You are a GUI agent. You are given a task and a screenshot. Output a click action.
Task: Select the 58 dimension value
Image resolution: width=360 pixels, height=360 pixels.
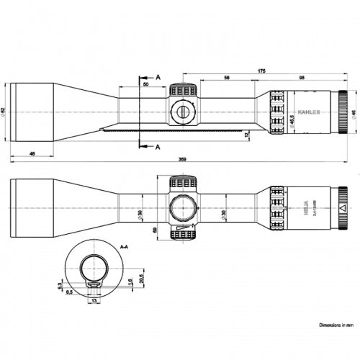227,76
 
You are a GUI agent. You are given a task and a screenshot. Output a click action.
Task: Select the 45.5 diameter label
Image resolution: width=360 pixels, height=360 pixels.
291,120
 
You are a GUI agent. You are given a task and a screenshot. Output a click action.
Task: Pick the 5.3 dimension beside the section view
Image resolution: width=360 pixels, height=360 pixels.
60,286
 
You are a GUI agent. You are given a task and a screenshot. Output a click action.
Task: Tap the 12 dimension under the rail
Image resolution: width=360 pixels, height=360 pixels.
246,134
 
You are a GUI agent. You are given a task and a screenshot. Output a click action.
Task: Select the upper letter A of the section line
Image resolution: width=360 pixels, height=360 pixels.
158,76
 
